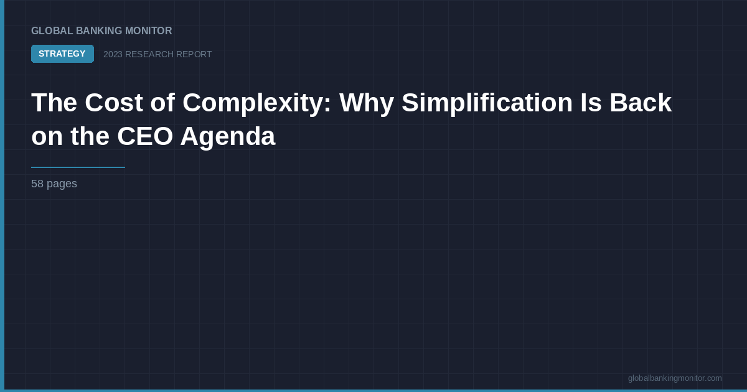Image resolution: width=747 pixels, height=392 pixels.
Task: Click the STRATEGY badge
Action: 62,54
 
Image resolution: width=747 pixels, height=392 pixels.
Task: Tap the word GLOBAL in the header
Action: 52,31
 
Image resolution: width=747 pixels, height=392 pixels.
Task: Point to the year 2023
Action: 113,55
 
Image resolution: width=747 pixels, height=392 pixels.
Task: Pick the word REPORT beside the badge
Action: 194,55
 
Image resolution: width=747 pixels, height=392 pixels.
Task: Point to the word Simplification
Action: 487,103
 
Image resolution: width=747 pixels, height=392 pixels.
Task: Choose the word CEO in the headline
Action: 144,137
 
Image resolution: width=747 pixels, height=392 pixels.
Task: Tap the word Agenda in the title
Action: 227,137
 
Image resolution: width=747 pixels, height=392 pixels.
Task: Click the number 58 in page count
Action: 37,184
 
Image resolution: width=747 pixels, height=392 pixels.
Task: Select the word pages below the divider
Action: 62,184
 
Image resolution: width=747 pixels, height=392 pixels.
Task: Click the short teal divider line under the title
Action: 78,167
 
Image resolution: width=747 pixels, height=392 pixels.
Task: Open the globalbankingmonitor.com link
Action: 675,378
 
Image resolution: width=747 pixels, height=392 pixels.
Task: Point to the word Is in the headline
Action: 591,103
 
